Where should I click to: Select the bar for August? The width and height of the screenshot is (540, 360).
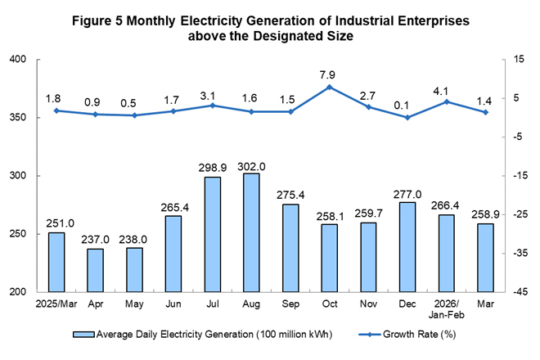point(252,232)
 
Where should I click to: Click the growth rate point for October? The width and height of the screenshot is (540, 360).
point(329,87)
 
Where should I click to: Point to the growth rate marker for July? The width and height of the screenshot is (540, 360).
point(213,106)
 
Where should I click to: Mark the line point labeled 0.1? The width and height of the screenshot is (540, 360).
point(407,117)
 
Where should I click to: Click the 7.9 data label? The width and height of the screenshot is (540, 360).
point(329,71)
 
